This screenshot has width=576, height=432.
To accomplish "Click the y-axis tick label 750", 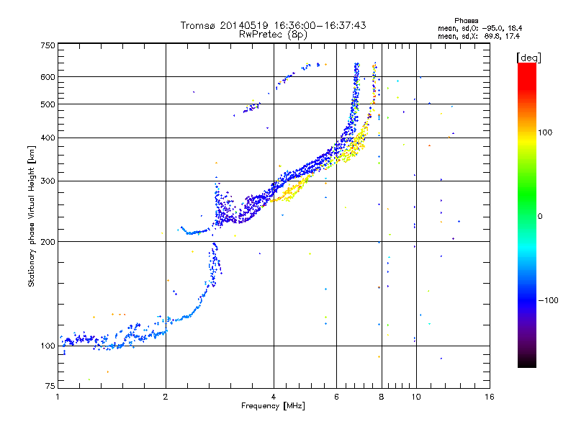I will [x=48, y=45].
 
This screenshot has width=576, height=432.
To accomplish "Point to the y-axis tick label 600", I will [x=48, y=76].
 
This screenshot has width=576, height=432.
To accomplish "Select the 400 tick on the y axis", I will [x=48, y=137].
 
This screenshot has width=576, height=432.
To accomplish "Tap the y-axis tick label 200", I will [x=48, y=241].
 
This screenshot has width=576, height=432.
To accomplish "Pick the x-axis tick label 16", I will [x=490, y=397].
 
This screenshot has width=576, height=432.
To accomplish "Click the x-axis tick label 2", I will [x=166, y=397].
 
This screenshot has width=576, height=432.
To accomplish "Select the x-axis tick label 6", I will [x=336, y=397].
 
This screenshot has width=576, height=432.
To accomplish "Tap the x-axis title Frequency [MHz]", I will [x=274, y=406].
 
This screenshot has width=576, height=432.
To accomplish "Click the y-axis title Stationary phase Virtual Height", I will [x=32, y=216].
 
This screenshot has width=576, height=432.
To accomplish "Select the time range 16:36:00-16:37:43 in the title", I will [x=316, y=25].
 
